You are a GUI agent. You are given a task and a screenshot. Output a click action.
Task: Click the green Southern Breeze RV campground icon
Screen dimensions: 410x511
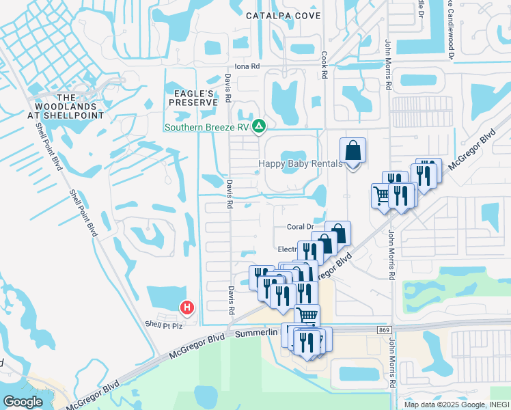[x=259, y=126]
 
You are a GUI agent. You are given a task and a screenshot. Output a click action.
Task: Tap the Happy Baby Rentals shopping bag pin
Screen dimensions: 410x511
[x=353, y=152]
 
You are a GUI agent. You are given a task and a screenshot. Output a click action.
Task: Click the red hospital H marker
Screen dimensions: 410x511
[x=187, y=308]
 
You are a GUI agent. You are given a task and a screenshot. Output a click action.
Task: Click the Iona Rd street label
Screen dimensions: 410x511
[x=247, y=66]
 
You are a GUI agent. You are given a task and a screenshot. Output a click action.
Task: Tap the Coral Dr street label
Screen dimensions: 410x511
[x=300, y=227]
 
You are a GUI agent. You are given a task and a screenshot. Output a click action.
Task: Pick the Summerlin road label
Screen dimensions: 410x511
[x=258, y=332]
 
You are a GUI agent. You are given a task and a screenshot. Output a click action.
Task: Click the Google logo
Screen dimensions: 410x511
[x=23, y=402]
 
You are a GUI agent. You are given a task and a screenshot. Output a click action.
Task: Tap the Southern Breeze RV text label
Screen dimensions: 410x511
[x=208, y=127]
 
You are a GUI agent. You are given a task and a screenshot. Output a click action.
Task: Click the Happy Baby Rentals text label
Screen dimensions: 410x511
[x=298, y=163]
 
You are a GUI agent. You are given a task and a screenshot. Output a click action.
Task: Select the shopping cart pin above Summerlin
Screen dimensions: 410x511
[x=307, y=316]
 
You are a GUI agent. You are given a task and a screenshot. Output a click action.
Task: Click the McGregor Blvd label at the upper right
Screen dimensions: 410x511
[x=479, y=150]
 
